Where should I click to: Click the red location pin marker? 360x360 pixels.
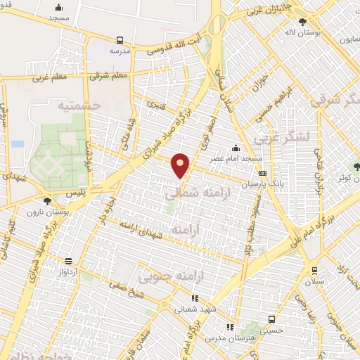[x=181, y=165]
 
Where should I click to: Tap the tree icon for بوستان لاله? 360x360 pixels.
[x=302, y=22]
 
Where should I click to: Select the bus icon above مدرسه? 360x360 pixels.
[x=120, y=41]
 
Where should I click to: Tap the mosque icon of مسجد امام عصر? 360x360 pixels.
[x=235, y=148]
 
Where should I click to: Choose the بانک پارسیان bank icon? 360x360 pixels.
[x=262, y=173]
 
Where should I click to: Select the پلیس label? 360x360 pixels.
[x=78, y=191]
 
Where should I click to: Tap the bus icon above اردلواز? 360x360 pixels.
[x=67, y=259]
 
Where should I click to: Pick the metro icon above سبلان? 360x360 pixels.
[x=314, y=269]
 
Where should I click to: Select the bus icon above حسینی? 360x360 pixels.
[x=229, y=327]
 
